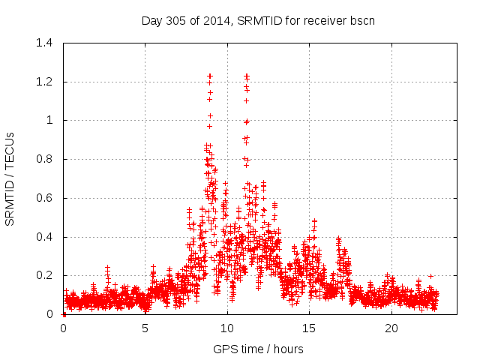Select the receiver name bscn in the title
coord(361,20)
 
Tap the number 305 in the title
coord(179,20)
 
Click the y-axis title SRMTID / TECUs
coord(10,178)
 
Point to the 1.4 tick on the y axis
coord(46,43)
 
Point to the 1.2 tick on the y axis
coord(46,82)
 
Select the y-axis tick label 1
coord(51,120)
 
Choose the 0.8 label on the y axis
coord(46,159)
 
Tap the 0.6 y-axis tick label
coord(46,198)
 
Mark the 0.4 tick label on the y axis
coord(46,237)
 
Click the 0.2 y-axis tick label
coord(46,276)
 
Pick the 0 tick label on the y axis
coord(51,314)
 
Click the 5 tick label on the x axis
coord(145,328)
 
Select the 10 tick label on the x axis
coord(227,328)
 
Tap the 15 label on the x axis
coord(309,328)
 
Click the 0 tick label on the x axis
coord(64,328)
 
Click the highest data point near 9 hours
coord(210,76)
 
